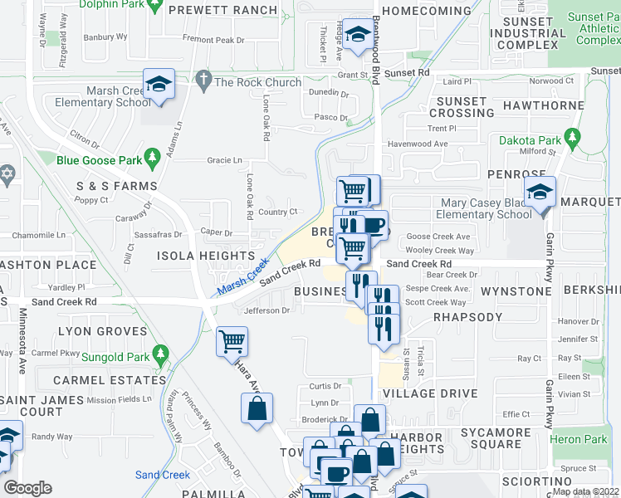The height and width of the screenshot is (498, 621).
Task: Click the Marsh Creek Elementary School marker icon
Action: [x=159, y=84]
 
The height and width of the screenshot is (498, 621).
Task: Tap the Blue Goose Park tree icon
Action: [x=151, y=156]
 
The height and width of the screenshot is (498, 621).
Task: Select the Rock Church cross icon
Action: [x=203, y=81]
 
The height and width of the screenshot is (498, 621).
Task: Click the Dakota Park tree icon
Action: [x=572, y=136]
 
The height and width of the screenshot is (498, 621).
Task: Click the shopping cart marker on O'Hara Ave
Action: [x=232, y=341]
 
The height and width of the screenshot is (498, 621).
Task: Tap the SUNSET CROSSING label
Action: [x=461, y=107]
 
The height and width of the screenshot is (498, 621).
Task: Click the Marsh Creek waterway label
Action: [x=243, y=278]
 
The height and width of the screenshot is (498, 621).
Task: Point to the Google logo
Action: [x=28, y=488]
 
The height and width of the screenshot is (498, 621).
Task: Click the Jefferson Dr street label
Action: [x=267, y=311]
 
